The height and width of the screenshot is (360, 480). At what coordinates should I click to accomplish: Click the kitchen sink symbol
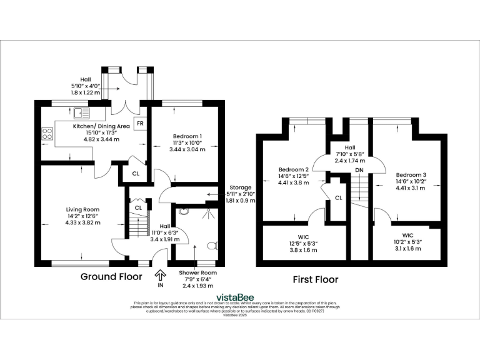80,113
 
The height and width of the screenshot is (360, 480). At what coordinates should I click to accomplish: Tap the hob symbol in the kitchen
47,133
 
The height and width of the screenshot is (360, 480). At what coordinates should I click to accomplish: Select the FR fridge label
141,123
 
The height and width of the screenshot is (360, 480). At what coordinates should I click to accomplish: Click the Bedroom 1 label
187,136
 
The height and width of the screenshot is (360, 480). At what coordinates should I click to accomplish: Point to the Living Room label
83,209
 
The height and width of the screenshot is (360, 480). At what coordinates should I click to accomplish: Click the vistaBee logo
239,297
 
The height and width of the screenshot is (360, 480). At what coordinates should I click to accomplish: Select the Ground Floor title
111,276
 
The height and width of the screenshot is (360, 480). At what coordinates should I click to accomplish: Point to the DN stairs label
359,169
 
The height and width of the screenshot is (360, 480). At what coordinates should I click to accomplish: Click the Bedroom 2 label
294,169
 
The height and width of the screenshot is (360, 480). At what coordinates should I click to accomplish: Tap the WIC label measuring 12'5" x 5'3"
304,237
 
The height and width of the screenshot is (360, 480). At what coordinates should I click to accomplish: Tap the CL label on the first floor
338,197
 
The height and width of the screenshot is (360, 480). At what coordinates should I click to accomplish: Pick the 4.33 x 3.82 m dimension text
83,223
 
